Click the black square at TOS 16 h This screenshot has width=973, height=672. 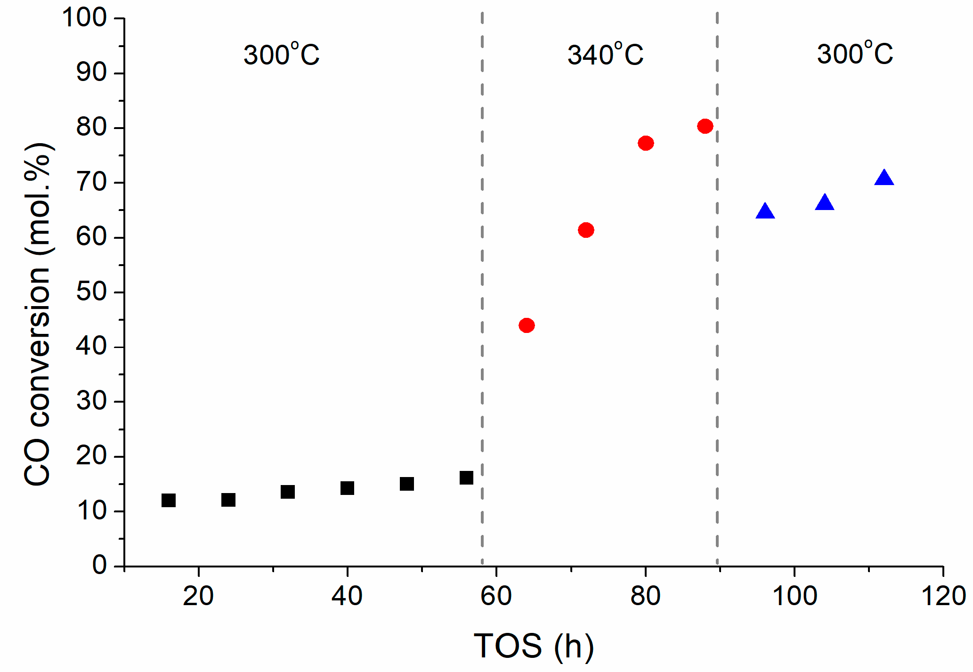[x=168, y=500]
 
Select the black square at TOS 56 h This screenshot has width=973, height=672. [x=466, y=478]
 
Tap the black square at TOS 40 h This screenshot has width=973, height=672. [x=347, y=488]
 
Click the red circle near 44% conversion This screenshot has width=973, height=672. [x=527, y=325]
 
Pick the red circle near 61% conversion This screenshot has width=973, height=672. [x=586, y=230]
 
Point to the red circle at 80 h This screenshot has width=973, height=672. [x=646, y=143]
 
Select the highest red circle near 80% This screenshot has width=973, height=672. [x=705, y=126]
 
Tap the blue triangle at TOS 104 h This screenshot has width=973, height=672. [x=825, y=203]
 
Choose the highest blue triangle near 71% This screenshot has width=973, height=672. [x=884, y=178]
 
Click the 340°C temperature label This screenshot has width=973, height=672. [x=605, y=55]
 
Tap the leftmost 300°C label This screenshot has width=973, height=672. [x=281, y=55]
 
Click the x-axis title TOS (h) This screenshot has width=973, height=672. [x=534, y=646]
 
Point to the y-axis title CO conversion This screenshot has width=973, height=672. [x=38, y=314]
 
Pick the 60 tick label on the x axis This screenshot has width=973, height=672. [x=496, y=596]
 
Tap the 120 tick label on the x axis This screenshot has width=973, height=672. [x=943, y=596]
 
